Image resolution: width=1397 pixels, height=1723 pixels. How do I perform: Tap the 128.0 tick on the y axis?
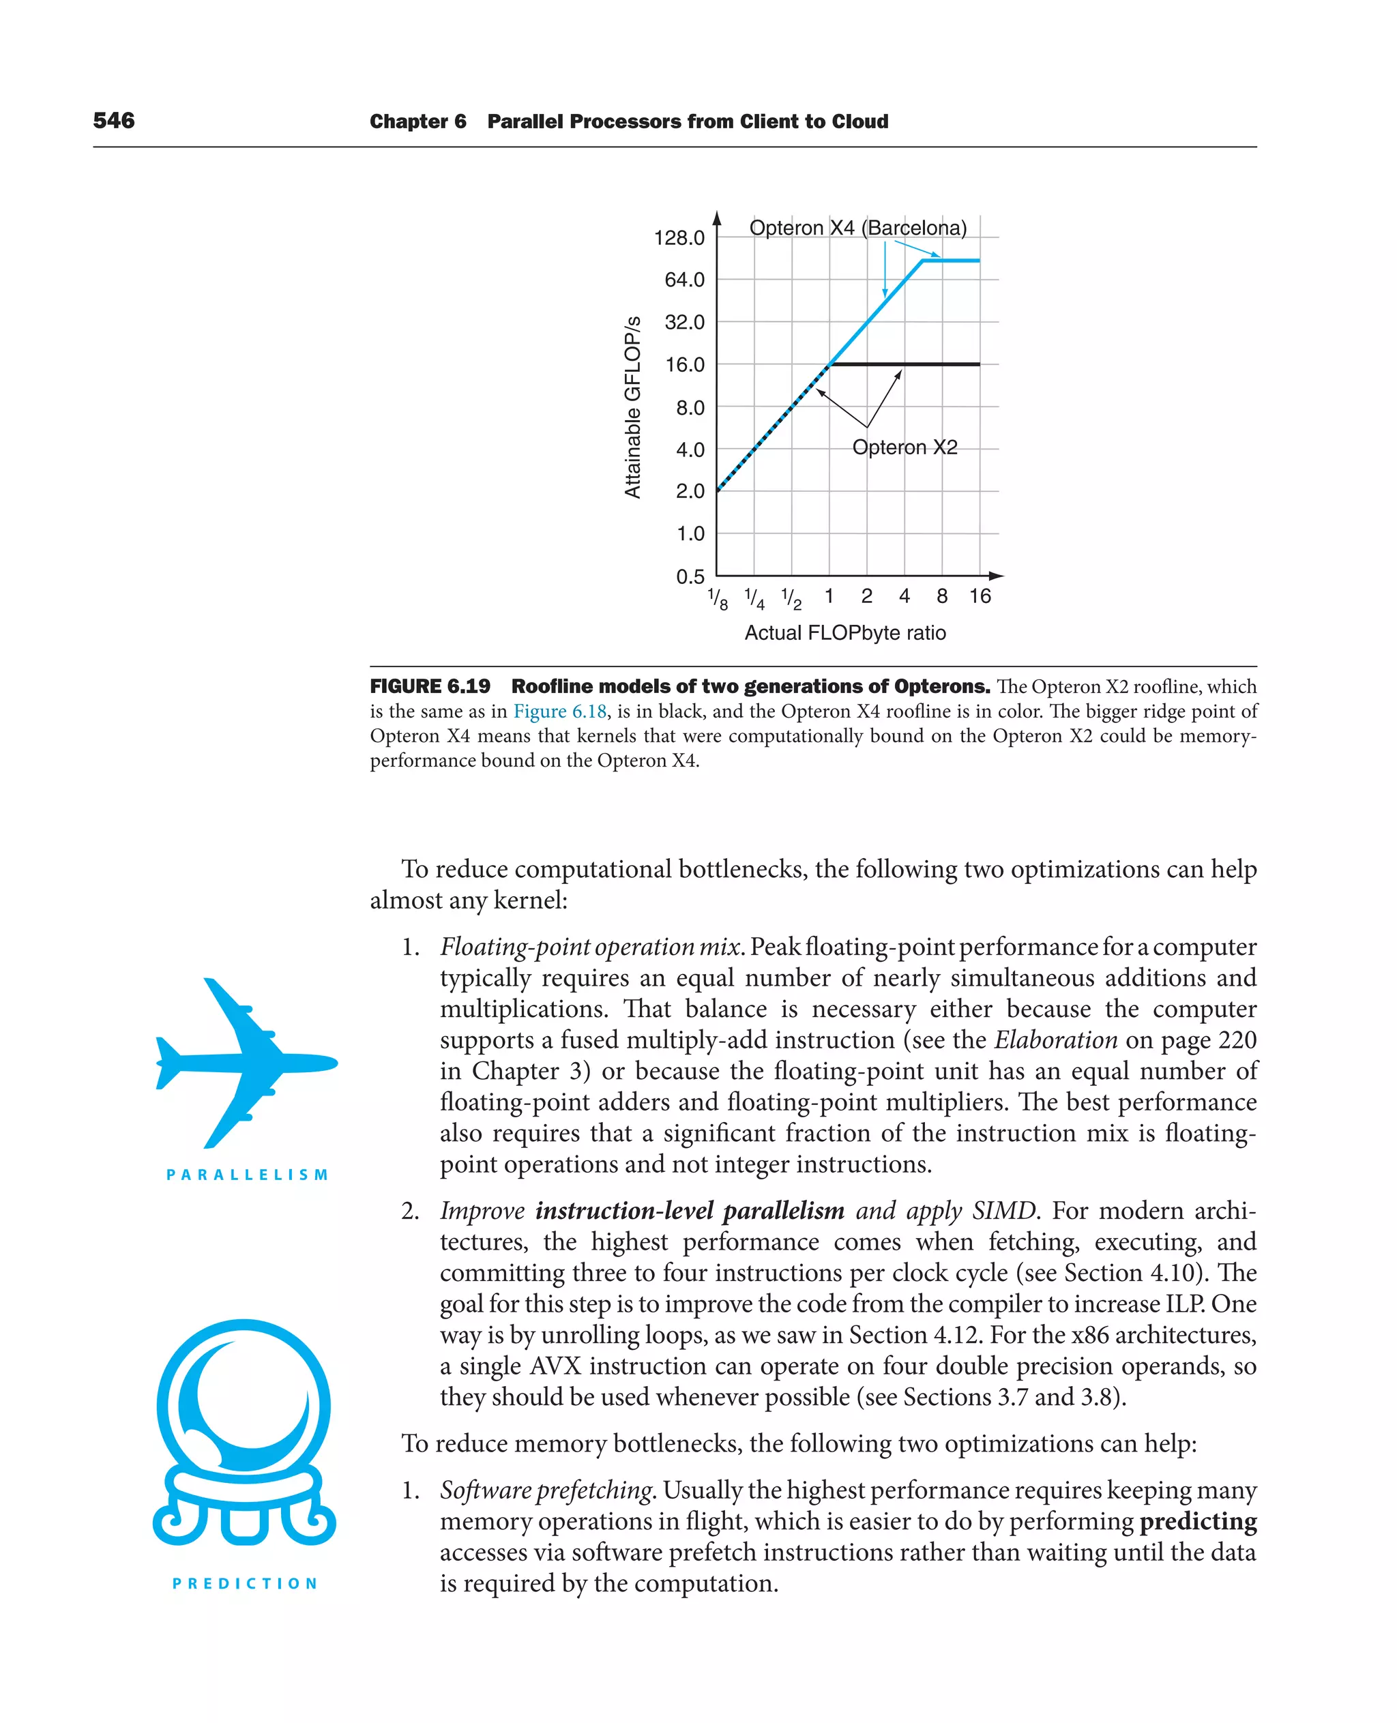(679, 238)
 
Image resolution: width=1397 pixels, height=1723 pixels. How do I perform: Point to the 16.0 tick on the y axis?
(684, 364)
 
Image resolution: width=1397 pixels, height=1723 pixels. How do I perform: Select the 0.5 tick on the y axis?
(690, 576)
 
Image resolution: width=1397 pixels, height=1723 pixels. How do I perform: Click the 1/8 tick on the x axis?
(718, 599)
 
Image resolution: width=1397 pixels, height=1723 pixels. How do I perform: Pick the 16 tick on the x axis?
(980, 596)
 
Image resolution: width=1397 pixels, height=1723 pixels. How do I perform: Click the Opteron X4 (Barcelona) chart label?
(858, 228)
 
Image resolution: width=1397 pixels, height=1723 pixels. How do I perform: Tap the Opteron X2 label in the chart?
(905, 447)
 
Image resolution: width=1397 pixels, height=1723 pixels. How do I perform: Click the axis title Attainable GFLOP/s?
(633, 407)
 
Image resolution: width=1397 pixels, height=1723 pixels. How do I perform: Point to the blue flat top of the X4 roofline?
(950, 261)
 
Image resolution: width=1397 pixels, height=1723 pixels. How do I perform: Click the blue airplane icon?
(246, 1062)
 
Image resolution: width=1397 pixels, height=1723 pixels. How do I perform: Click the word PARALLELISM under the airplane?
(247, 1175)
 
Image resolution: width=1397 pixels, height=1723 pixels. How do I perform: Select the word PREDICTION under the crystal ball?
(246, 1583)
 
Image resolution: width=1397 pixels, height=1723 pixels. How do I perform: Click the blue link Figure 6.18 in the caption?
(559, 711)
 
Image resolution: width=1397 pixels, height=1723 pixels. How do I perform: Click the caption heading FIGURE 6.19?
(430, 686)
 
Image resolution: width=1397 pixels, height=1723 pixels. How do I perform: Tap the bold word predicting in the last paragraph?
(1197, 1521)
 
